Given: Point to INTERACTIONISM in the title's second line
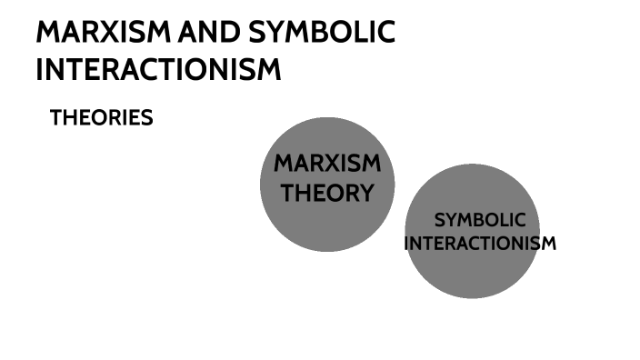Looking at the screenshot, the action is point(158,69).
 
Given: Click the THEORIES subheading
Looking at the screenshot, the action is point(101,118).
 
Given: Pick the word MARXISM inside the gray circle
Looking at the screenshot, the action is point(327,165).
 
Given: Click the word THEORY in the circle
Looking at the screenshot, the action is point(327,193).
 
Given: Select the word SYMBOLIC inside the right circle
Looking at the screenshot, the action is point(480,220).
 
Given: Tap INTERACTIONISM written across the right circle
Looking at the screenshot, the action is point(480,244).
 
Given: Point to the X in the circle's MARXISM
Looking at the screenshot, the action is point(330,165).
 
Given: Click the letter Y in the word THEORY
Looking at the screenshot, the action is point(365,193).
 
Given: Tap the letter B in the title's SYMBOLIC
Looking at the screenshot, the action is point(321,33).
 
